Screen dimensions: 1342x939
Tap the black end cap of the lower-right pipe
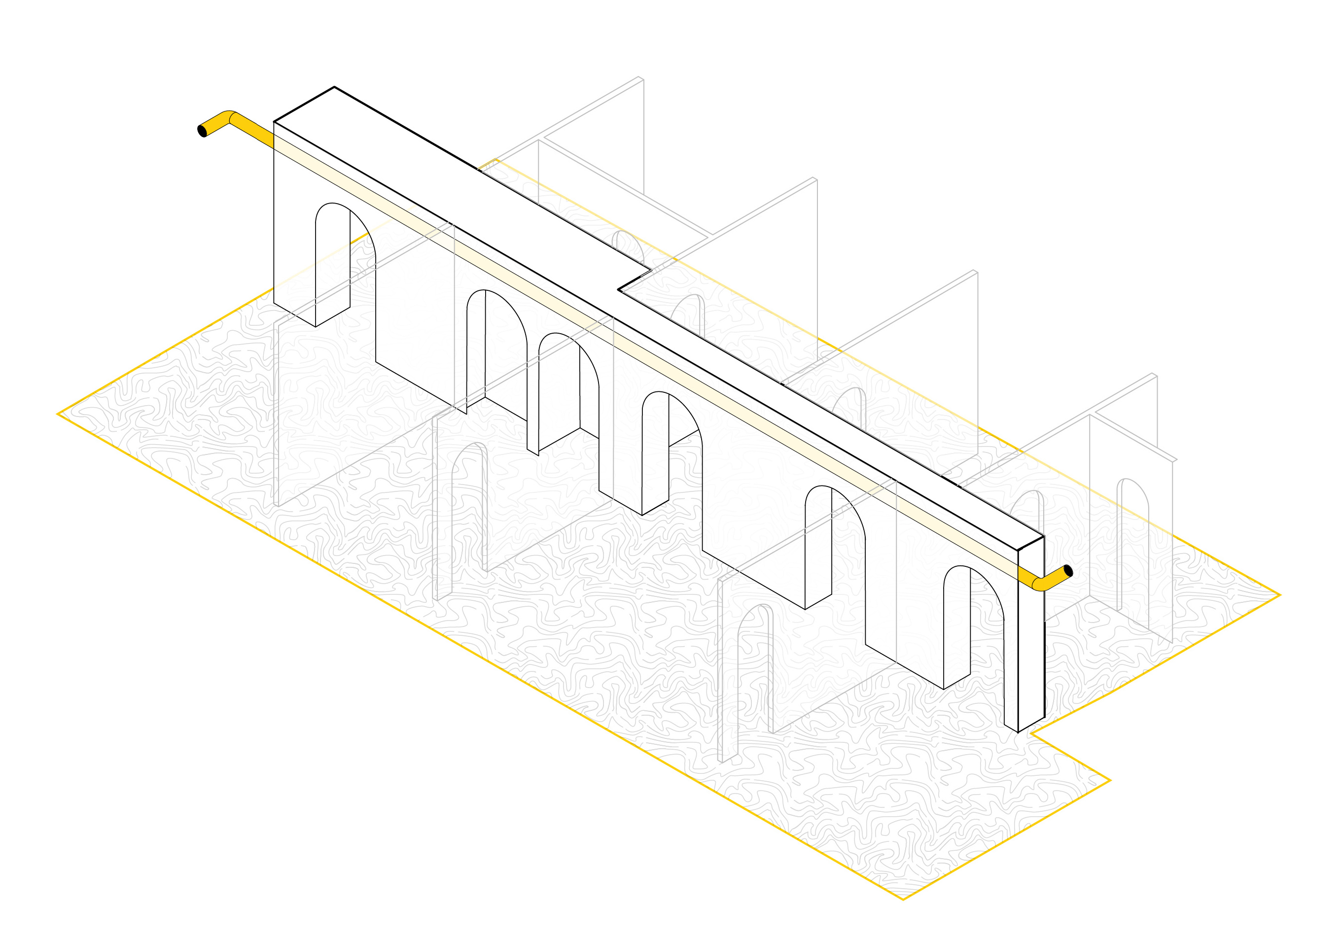pos(1068,571)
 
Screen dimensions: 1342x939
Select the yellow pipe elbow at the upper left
pos(230,117)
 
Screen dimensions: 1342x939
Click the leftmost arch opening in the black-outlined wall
pos(333,263)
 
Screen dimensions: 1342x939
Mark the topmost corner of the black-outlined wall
pos(334,87)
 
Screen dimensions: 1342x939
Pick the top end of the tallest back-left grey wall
pos(640,78)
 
